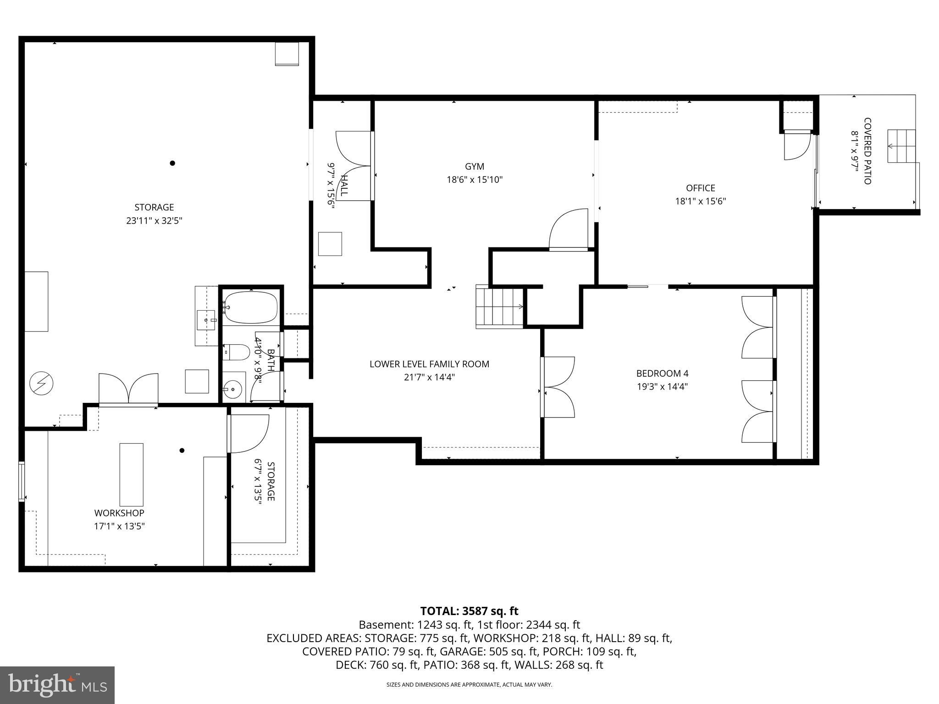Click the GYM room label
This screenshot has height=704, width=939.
coord(474,167)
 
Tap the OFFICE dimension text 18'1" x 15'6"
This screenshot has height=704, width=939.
coord(700,201)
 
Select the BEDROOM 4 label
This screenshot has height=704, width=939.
coord(662,374)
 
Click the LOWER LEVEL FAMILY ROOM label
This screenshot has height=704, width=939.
coord(429,364)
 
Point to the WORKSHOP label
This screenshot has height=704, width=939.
coord(119,513)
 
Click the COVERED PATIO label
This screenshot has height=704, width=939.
coord(867,151)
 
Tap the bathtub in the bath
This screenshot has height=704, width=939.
coord(251,307)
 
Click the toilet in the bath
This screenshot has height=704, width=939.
coord(234,352)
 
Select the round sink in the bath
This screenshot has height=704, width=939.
coord(233,390)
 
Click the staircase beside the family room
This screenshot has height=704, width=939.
coord(499,306)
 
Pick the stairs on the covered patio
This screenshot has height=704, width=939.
coord(901,146)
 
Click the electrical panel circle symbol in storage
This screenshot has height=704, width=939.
coord(41,383)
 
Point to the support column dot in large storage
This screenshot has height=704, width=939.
coord(172,163)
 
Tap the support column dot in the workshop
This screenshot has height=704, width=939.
coord(182,451)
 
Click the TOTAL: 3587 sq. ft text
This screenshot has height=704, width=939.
coord(469,611)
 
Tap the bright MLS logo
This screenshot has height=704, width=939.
coord(57,685)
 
